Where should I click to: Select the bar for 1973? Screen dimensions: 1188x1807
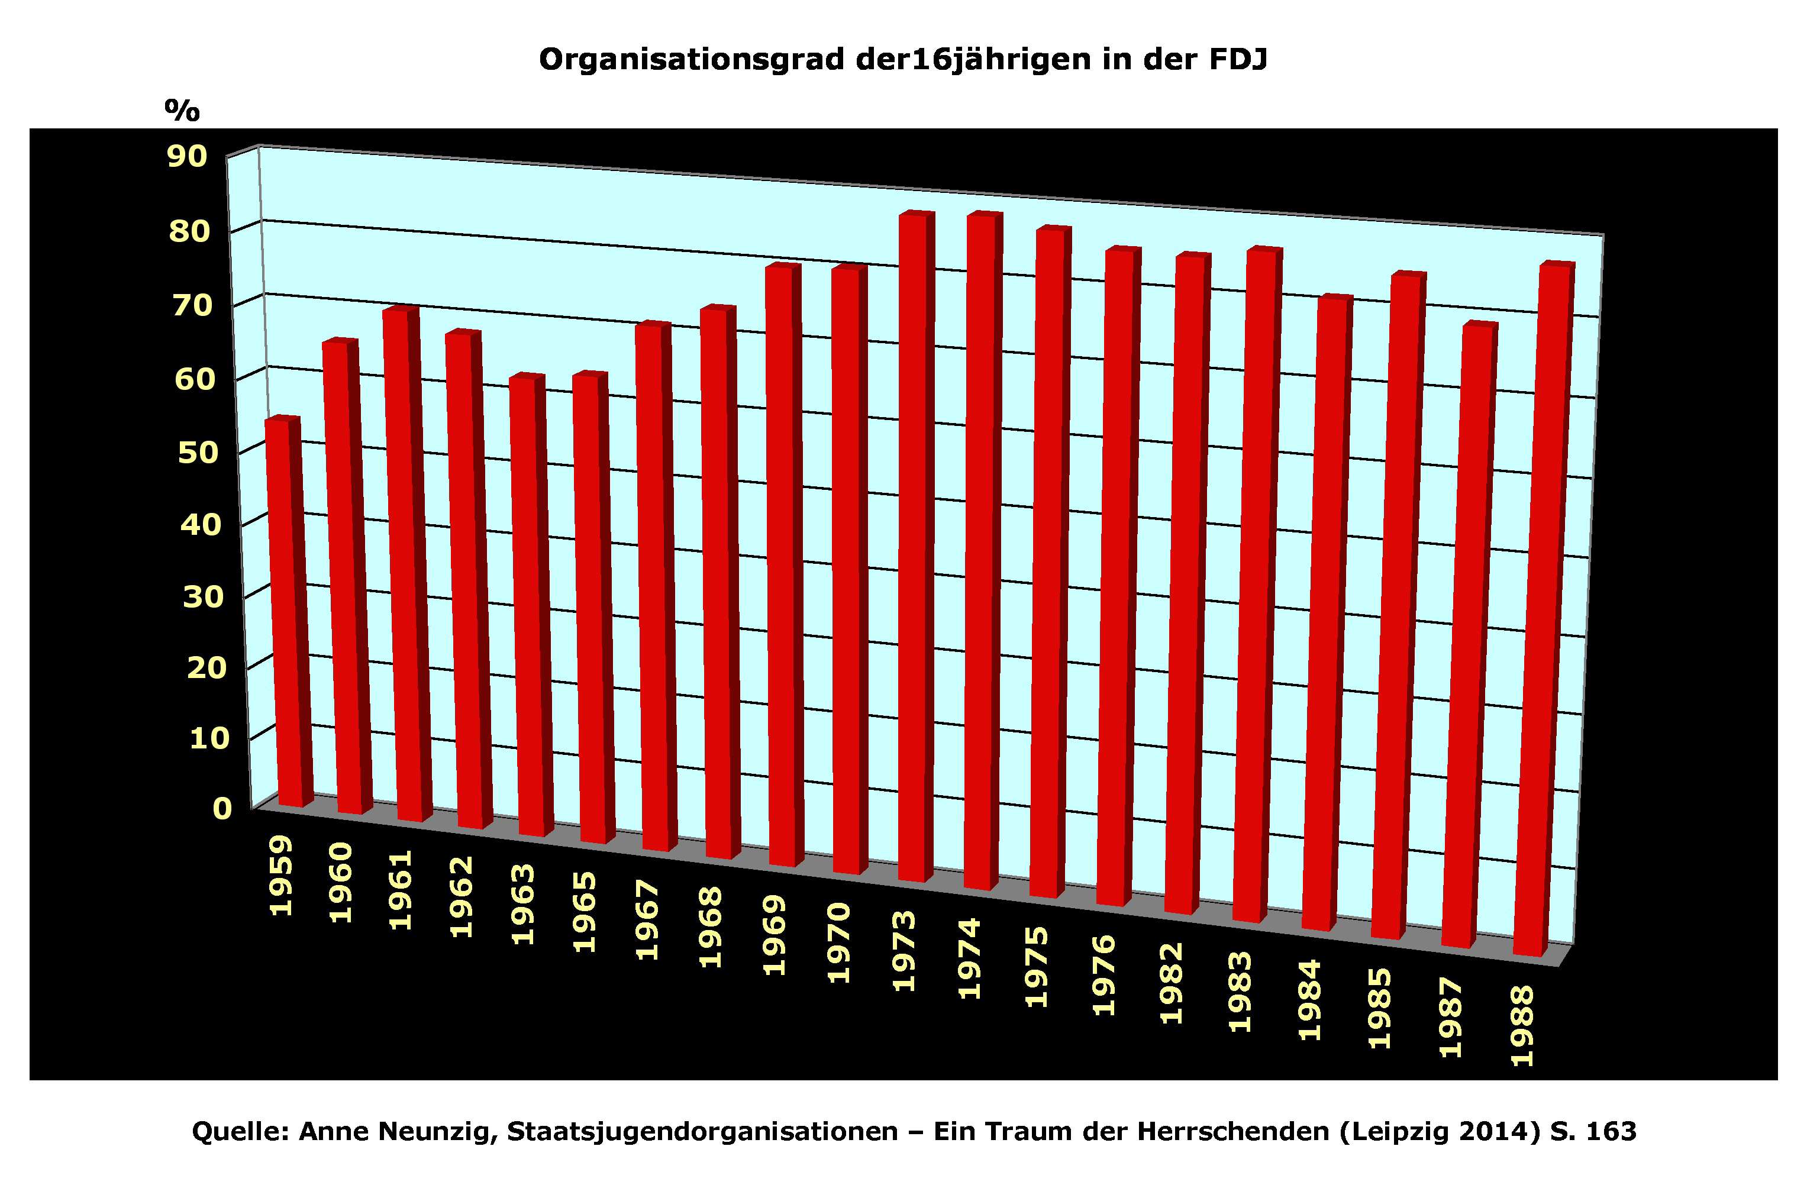click(912, 547)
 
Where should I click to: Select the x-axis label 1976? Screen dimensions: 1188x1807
click(1104, 976)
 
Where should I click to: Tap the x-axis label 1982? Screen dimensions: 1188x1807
click(1172, 984)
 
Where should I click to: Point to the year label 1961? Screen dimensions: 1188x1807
click(401, 890)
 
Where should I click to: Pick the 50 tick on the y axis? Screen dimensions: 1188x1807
click(198, 453)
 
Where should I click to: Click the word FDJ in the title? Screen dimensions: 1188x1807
click(1238, 59)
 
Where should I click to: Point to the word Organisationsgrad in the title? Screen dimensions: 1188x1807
click(692, 60)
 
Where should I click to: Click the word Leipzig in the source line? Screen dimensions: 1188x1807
click(1391, 1132)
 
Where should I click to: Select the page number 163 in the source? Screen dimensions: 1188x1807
click(1611, 1132)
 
